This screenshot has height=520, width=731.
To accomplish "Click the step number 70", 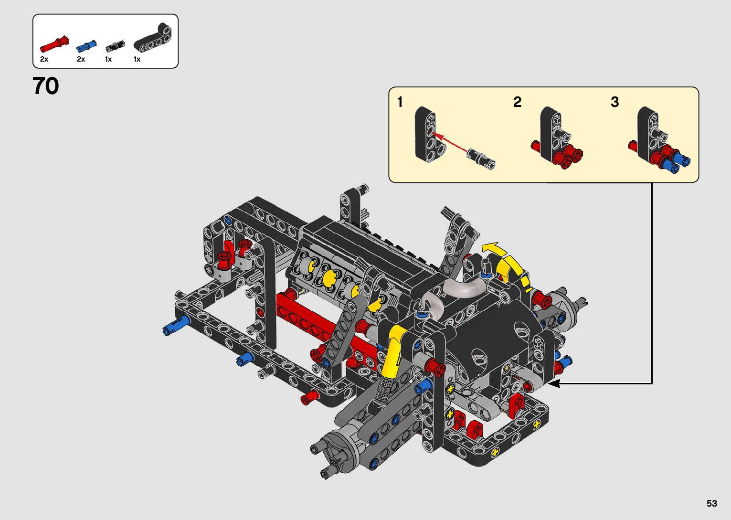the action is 46,86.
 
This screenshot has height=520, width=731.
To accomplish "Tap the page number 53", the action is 712,503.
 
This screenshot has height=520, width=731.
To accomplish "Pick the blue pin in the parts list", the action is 86,47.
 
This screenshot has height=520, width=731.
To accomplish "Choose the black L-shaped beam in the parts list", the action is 152,39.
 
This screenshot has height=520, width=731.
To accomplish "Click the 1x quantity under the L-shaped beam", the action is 137,59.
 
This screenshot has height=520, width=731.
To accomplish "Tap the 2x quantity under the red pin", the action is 44,59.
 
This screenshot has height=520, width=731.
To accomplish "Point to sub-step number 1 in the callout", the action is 400,102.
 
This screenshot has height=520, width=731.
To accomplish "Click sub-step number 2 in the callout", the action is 517,102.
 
